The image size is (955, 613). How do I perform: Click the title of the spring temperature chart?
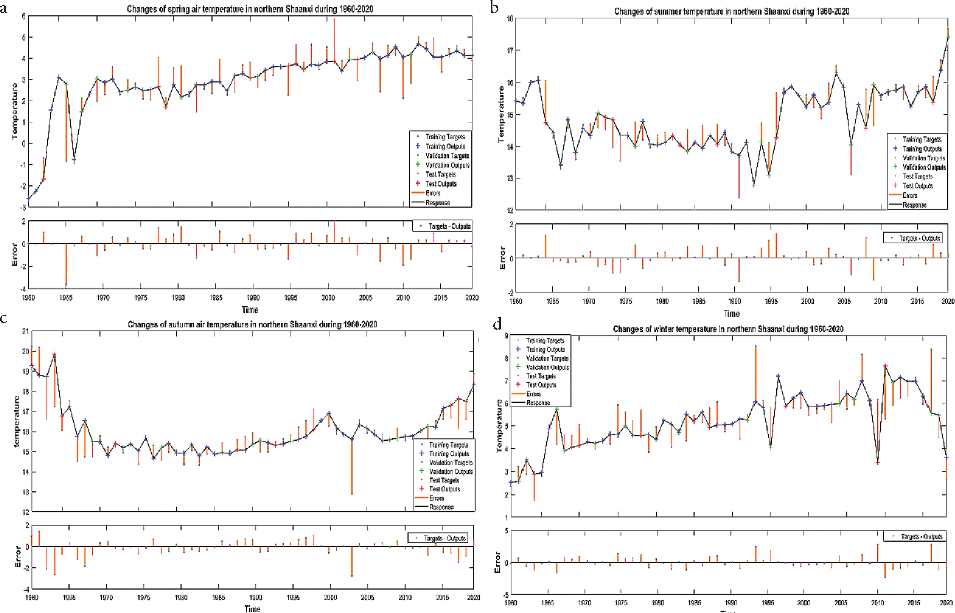pyautogui.click(x=250, y=9)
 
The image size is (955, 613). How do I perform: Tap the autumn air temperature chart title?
pyautogui.click(x=252, y=324)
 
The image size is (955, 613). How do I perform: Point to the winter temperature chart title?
pyautogui.click(x=728, y=329)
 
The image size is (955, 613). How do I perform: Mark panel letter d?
pyautogui.click(x=497, y=324)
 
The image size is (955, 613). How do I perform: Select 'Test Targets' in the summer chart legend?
pyautogui.click(x=917, y=176)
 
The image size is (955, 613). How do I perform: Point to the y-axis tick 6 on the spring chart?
pyautogui.click(x=23, y=16)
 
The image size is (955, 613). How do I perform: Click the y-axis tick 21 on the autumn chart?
pyautogui.click(x=26, y=331)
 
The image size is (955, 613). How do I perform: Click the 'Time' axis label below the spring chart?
pyautogui.click(x=250, y=310)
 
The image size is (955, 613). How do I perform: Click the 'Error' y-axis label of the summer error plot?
pyautogui.click(x=502, y=258)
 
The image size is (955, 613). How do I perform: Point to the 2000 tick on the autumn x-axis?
pyautogui.click(x=330, y=597)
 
